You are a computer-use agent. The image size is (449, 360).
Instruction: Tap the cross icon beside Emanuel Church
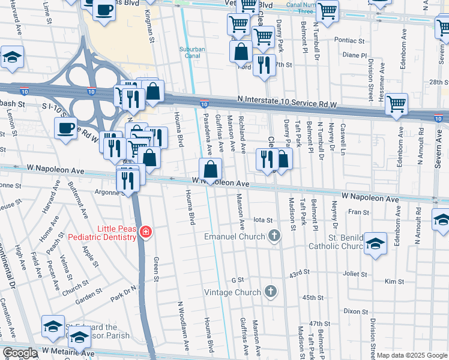pyautogui.click(x=274, y=236)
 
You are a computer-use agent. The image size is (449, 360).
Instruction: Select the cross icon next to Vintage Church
pyautogui.click(x=271, y=292)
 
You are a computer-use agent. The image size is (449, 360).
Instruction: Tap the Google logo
pyautogui.click(x=20, y=353)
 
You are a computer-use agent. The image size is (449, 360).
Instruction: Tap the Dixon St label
pyautogui.click(x=355, y=311)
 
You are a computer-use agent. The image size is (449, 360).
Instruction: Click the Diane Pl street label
pyautogui.click(x=354, y=55)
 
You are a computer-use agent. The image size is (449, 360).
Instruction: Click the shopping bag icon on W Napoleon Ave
pyautogui.click(x=210, y=169)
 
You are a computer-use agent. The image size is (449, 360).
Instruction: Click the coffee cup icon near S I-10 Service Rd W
pyautogui.click(x=65, y=128)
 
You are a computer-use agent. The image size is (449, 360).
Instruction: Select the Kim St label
pyautogui.click(x=394, y=281)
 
